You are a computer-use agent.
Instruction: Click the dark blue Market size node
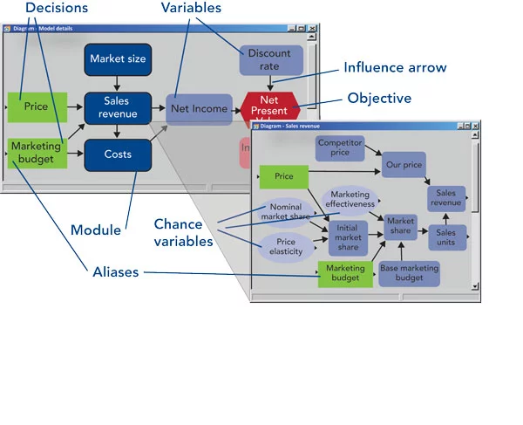118,59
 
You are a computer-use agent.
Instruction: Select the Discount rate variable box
269,60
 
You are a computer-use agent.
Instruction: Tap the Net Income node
199,109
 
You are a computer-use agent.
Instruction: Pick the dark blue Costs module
118,154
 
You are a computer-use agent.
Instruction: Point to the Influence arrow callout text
395,67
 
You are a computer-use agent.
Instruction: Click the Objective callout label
379,99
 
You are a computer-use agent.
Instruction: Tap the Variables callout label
191,8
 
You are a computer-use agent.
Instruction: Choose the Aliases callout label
116,272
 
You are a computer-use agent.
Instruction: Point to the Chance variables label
184,233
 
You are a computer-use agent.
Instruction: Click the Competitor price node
339,147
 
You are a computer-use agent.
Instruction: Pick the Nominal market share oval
285,212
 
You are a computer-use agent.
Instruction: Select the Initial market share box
348,236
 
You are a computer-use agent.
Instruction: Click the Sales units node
446,237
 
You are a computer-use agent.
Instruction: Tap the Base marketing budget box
409,273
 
